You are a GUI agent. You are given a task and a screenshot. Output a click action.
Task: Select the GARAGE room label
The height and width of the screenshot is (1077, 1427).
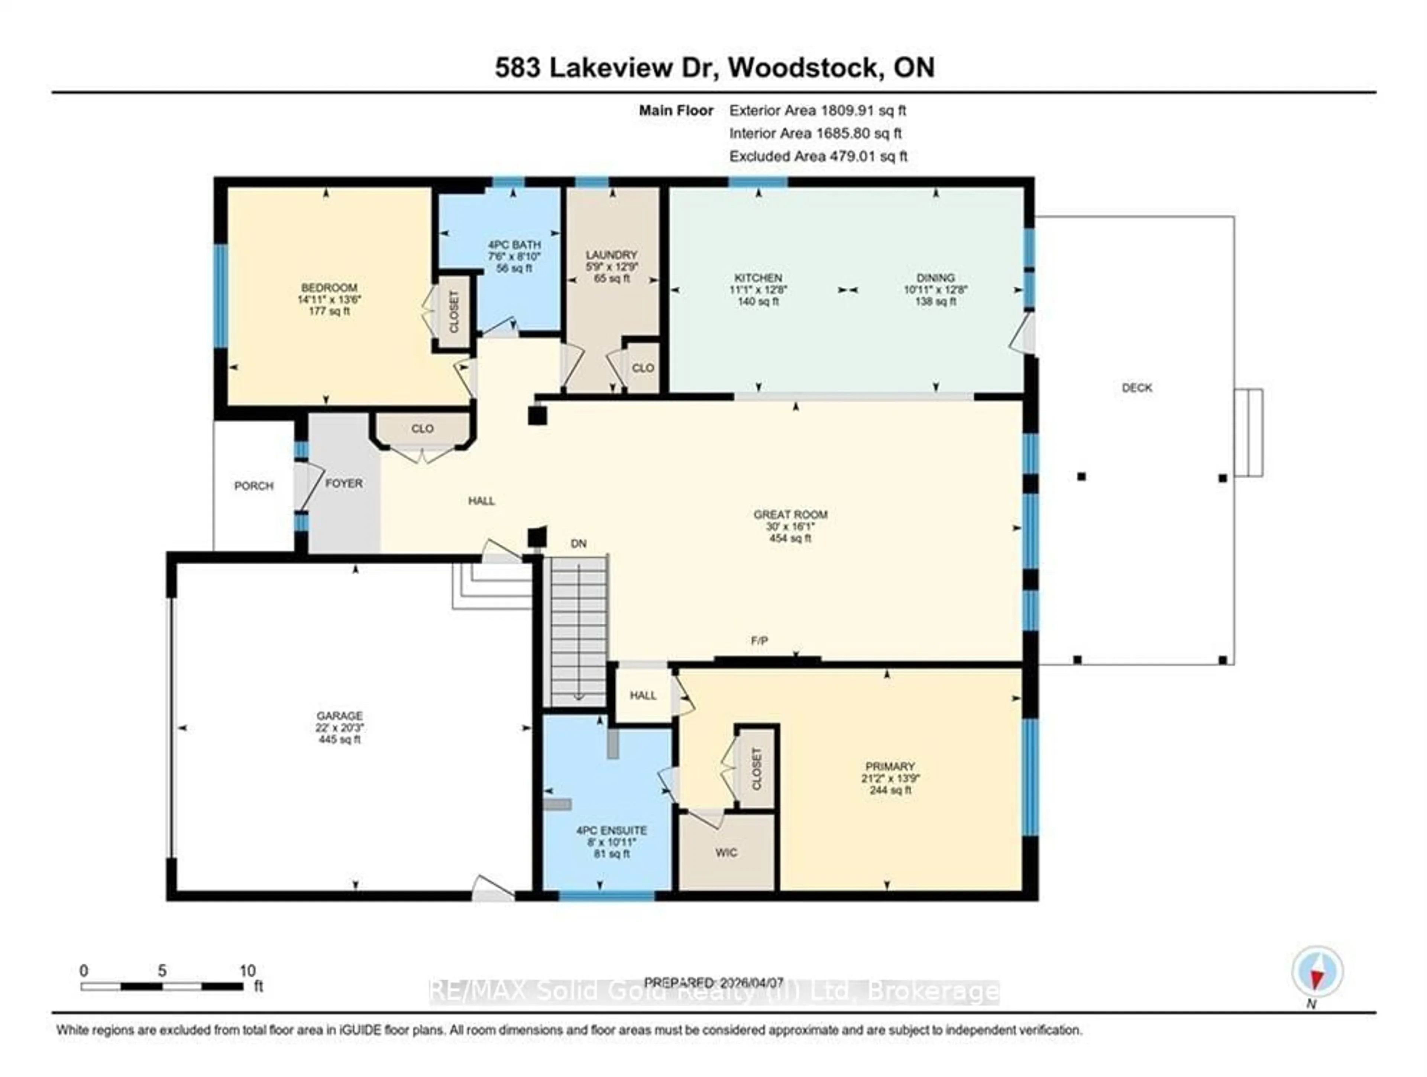[339, 716]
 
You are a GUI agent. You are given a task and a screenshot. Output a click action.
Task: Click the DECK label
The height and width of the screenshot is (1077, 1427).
[1137, 388]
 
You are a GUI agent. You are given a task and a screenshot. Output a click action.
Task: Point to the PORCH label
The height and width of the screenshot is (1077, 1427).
[253, 486]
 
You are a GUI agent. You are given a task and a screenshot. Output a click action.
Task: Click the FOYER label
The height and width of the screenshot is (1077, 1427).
[344, 483]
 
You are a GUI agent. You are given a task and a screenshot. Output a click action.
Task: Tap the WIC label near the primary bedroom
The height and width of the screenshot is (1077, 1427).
[726, 853]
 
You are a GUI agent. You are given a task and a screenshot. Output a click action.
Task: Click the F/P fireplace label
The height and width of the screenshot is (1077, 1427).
[759, 641]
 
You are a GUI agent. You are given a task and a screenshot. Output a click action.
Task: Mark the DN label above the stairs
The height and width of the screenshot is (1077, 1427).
[579, 544]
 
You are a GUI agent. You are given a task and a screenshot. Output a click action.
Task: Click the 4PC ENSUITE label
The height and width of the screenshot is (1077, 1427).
[611, 831]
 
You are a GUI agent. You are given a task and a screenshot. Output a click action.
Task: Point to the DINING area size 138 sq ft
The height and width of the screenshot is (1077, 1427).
[935, 301]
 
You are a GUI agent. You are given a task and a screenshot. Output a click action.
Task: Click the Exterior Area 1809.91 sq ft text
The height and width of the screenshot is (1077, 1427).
[817, 110]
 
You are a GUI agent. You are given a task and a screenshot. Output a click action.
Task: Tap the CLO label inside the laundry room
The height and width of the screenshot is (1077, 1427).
[643, 368]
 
